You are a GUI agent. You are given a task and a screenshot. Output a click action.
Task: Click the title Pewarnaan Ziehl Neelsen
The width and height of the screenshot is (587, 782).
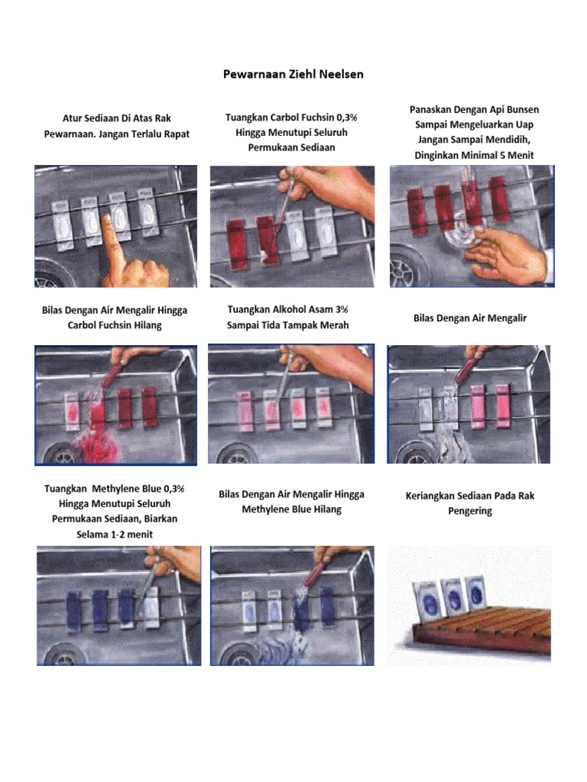tap(293, 74)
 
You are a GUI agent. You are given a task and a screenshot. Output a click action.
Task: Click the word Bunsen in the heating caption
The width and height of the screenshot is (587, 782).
tap(523, 109)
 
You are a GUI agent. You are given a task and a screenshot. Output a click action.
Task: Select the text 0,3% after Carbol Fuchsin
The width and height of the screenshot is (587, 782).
tap(345, 118)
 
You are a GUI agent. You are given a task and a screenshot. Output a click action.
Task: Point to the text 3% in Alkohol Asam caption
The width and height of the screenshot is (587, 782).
tap(342, 309)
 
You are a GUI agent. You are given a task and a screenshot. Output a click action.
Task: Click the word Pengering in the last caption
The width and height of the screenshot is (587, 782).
tap(470, 511)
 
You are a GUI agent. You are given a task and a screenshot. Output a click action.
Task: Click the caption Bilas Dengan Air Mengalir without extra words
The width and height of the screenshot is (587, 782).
tap(470, 318)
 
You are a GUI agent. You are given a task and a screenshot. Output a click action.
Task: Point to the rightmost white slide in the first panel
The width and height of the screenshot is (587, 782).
tap(146, 213)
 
